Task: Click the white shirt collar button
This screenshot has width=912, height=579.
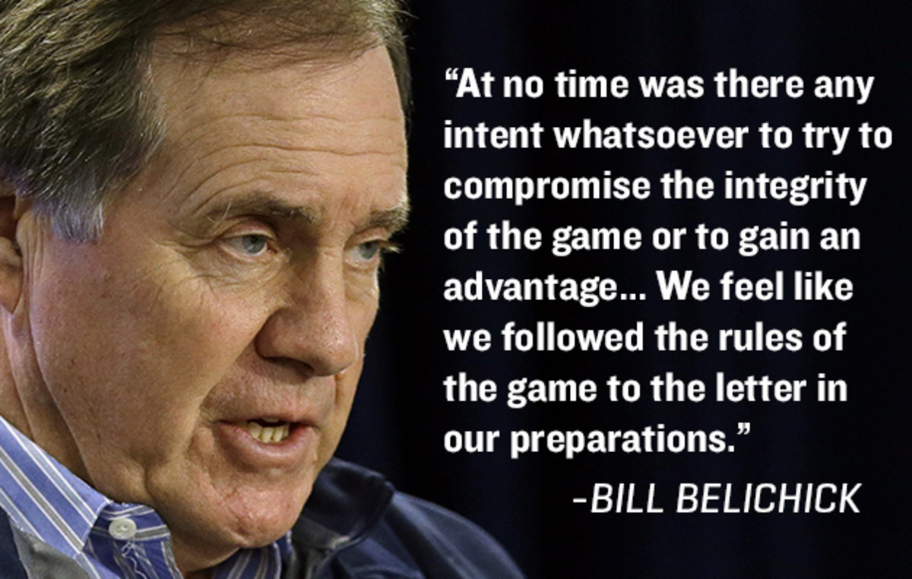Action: [x=121, y=527]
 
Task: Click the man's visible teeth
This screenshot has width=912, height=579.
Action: [x=269, y=432]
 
